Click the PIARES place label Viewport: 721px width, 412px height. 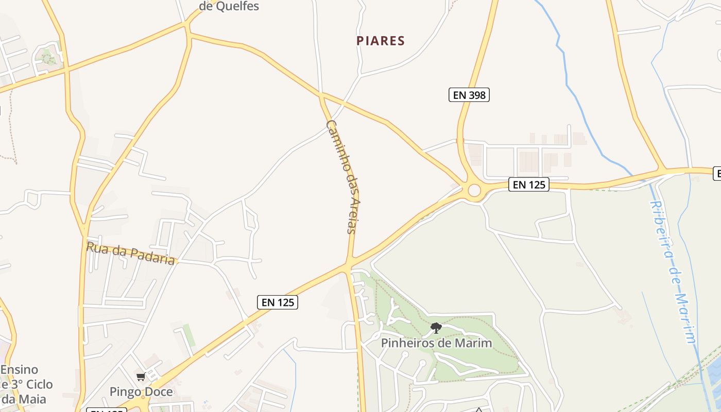(381, 41)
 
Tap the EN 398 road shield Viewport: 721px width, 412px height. (469, 95)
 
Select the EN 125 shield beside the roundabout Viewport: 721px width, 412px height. (529, 184)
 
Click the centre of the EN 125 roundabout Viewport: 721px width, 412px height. (474, 191)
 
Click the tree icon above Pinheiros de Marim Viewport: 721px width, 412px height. (436, 328)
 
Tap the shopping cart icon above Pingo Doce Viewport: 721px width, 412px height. (141, 377)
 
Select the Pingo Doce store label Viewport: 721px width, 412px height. (141, 392)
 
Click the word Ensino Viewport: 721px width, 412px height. (19, 370)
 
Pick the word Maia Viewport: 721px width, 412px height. (34, 399)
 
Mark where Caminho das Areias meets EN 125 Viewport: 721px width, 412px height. (349, 264)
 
